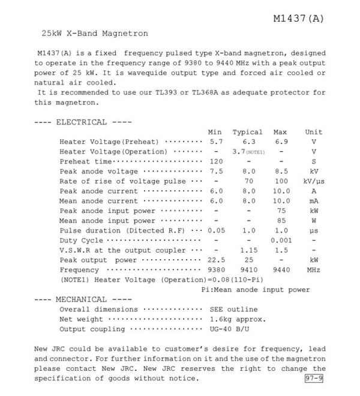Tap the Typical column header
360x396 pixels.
(247, 132)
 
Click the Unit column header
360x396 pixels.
(313, 132)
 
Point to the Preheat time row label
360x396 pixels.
(86, 162)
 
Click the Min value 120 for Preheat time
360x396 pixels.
(216, 162)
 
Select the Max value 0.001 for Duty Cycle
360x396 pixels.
(281, 240)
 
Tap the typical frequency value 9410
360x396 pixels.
(248, 271)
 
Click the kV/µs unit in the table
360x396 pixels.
(314, 181)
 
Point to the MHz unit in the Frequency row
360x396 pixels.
(314, 271)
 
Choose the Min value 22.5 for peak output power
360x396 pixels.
(216, 260)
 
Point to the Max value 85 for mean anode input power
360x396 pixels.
(281, 221)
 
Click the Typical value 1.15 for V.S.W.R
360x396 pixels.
(248, 250)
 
